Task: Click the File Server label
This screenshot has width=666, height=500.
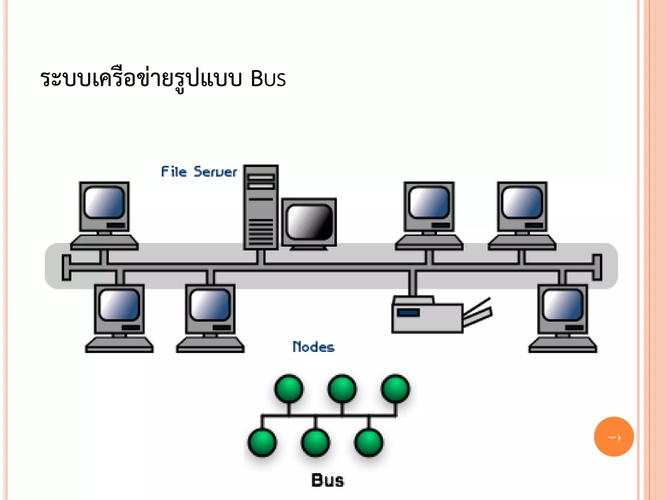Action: point(199,172)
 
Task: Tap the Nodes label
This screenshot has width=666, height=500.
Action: point(313,347)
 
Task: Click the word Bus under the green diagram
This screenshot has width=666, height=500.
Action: point(327,480)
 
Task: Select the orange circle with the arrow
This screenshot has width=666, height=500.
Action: point(614,437)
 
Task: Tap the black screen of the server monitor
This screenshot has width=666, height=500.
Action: point(309,222)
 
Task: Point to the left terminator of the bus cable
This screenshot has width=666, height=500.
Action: point(66,268)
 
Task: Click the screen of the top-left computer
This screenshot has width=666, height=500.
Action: point(104,202)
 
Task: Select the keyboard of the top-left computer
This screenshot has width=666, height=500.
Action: point(104,243)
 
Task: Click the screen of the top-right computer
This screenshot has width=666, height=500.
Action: point(522,202)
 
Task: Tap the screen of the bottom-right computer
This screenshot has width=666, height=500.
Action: point(563,305)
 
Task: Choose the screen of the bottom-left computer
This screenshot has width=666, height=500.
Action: point(119,305)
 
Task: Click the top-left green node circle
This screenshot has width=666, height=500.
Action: point(289,389)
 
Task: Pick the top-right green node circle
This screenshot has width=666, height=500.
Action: point(395,389)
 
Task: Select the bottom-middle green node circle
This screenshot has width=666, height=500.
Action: point(315,443)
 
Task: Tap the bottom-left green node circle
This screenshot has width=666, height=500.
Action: point(262,443)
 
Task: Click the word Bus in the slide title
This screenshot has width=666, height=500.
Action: point(268,79)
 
